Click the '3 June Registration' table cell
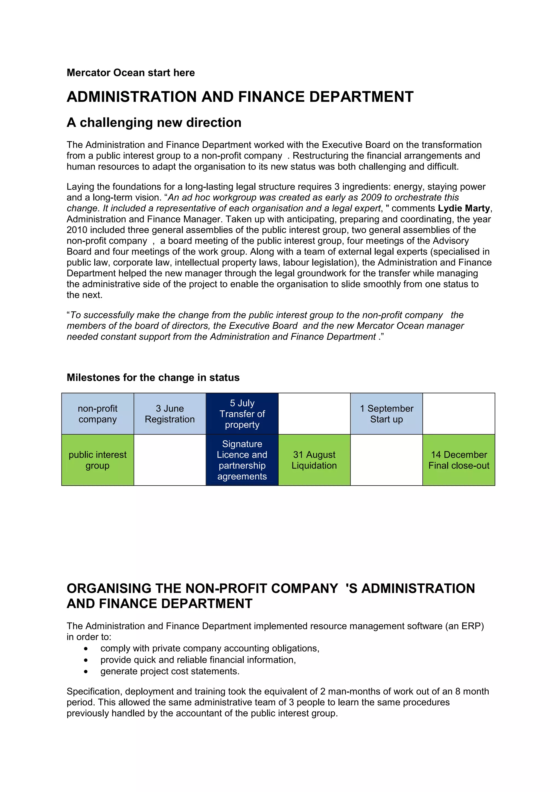tap(170, 413)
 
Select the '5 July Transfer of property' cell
tap(242, 413)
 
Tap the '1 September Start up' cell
tap(386, 413)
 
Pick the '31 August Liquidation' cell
tap(314, 460)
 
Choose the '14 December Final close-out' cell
tap(459, 460)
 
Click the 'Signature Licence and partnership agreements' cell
tap(242, 460)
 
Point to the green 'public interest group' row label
tap(97, 460)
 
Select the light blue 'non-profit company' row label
tap(97, 413)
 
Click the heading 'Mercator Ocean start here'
tap(130, 73)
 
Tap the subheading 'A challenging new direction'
tap(154, 122)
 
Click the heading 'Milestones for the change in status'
tap(153, 377)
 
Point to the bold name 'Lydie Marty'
tap(464, 208)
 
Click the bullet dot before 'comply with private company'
tap(86, 649)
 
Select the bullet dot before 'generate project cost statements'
tap(86, 671)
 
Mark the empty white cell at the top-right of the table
tap(459, 413)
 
